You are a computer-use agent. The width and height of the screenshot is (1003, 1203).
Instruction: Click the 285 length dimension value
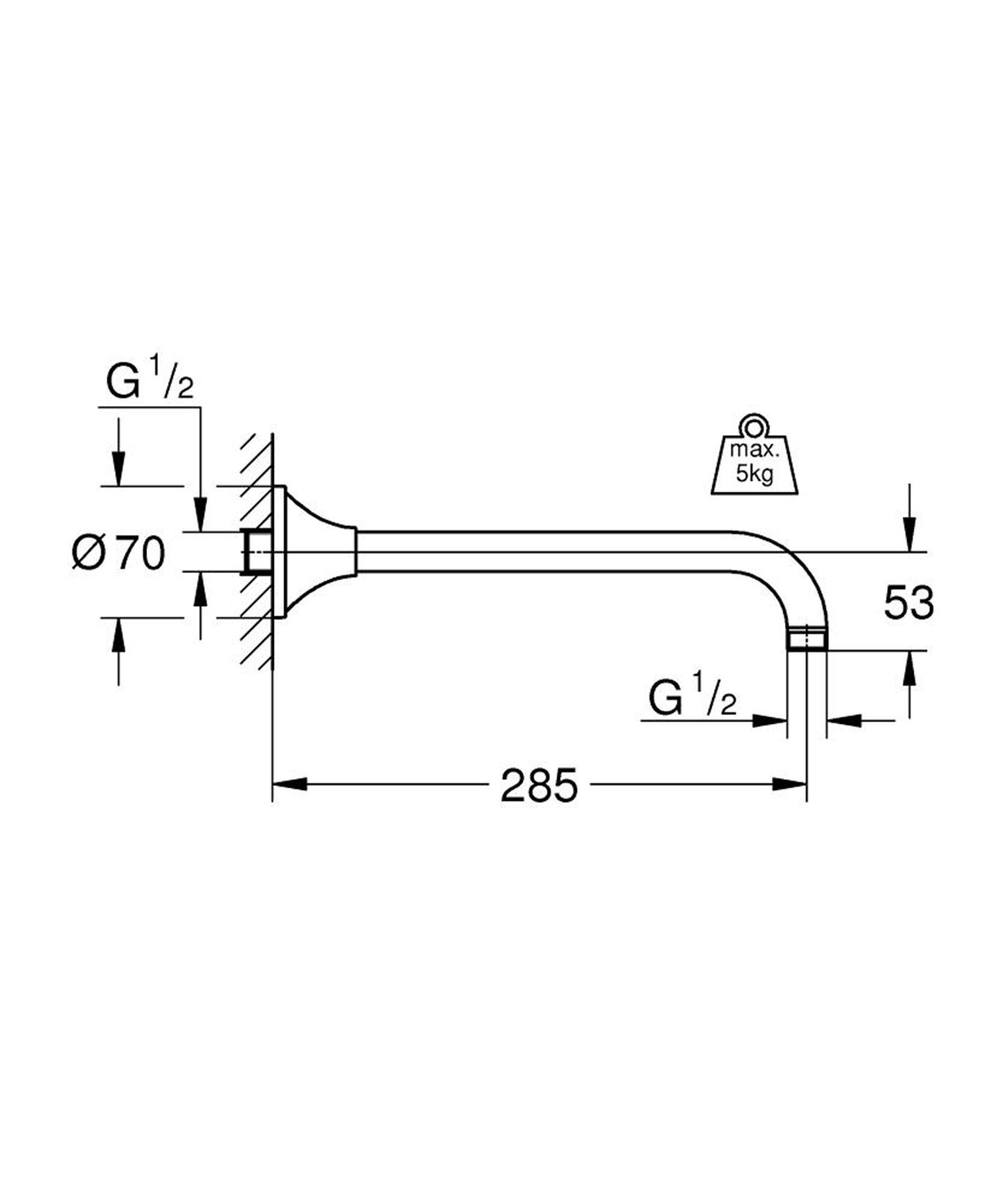539,785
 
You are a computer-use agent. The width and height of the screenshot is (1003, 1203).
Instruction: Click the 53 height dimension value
909,603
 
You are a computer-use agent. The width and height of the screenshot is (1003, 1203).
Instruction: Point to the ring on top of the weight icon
754,425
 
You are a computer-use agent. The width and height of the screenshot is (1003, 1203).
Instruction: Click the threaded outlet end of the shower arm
806,639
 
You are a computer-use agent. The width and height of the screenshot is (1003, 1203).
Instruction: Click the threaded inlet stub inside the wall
257,551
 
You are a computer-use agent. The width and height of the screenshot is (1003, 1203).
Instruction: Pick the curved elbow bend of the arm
794,571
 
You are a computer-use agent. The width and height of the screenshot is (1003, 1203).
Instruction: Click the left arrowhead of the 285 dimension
288,785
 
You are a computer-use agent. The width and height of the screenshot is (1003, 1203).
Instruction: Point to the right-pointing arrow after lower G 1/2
769,721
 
